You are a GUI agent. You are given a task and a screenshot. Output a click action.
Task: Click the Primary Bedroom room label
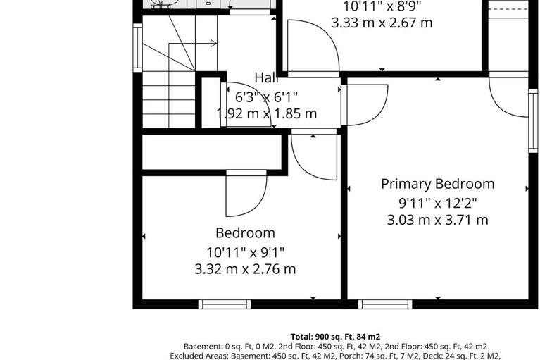tap(437, 184)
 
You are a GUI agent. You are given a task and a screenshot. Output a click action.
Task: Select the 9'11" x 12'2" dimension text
tap(437, 203)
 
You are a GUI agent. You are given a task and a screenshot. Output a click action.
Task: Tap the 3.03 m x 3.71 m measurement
tap(437, 220)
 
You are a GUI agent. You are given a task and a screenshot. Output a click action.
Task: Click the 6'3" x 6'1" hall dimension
tap(266, 97)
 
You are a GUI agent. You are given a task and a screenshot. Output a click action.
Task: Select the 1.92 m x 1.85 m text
tap(266, 113)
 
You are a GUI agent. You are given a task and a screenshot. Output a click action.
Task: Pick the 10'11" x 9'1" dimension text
tap(245, 252)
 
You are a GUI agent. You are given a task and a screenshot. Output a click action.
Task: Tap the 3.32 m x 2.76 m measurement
tap(245, 268)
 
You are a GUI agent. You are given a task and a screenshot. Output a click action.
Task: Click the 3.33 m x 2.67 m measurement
tap(382, 23)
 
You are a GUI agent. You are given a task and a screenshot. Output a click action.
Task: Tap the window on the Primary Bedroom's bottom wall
tap(384, 304)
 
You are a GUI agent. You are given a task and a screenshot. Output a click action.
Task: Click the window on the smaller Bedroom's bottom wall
tap(224, 304)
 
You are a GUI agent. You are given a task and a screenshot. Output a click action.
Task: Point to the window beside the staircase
tap(138, 47)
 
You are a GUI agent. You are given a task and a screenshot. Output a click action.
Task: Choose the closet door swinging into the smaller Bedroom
tap(246, 194)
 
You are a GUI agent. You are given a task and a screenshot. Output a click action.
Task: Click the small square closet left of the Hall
tap(211, 103)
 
